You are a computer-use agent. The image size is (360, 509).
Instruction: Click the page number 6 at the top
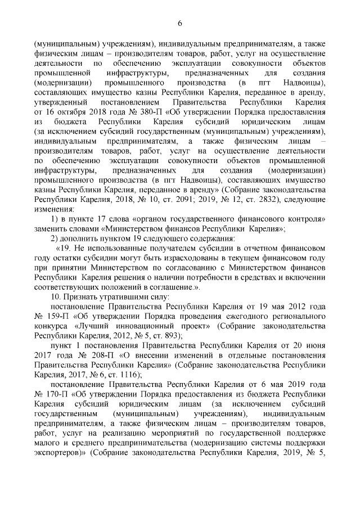pos(180,23)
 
